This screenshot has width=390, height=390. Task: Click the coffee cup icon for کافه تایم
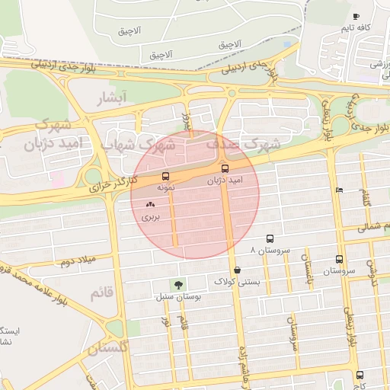(356, 16)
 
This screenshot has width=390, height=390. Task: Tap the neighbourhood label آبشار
(117, 97)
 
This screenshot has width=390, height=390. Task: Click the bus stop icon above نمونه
(166, 177)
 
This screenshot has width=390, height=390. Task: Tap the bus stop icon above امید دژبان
(225, 168)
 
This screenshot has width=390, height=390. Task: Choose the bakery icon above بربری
(150, 204)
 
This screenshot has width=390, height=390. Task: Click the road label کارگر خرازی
(112, 183)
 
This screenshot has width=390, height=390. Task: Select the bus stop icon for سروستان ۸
(270, 239)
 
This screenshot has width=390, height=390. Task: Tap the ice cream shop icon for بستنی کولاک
(238, 270)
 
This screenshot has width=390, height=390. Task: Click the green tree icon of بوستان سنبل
(178, 285)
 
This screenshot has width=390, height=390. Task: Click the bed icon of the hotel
(339, 190)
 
